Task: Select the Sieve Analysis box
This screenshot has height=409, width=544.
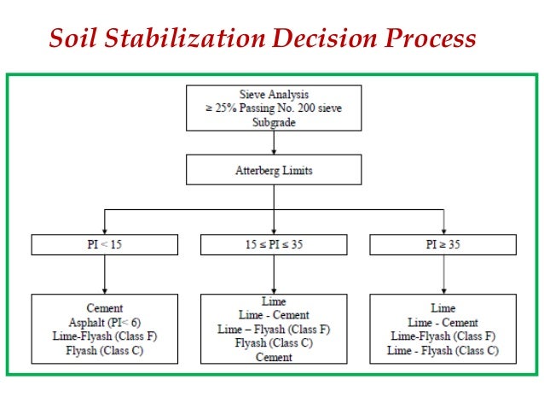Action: click(273, 108)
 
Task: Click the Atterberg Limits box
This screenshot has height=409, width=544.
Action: click(273, 171)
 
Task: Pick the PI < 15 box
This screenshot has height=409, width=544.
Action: click(104, 245)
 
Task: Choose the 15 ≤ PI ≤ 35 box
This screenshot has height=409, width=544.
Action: click(273, 245)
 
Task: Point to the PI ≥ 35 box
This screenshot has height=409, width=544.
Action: click(443, 245)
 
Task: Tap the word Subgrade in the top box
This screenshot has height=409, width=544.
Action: click(273, 122)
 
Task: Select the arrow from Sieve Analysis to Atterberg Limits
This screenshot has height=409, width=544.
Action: click(273, 143)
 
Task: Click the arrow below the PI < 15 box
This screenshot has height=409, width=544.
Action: click(104, 274)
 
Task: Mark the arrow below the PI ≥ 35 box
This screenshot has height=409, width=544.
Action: click(443, 274)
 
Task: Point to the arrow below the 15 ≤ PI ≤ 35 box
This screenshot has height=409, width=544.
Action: click(273, 274)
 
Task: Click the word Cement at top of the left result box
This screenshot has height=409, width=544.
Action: click(105, 308)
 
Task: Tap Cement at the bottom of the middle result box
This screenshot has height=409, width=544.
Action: click(273, 357)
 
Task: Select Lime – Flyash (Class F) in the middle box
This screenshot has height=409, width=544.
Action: click(273, 329)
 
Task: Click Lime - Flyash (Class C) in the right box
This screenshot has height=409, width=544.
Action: click(443, 350)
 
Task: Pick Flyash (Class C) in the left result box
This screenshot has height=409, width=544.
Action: click(105, 349)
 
